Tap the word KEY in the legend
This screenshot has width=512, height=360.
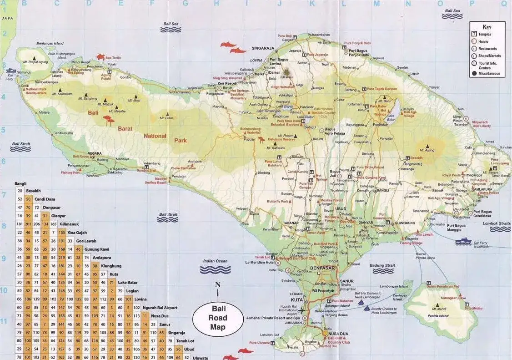[x=487, y=27]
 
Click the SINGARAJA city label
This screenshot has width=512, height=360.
[x=263, y=48]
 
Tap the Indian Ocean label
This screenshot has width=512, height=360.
[x=215, y=261]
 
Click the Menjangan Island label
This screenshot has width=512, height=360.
[x=50, y=44]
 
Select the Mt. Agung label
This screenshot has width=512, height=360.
[x=427, y=150]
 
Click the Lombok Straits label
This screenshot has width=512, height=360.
[x=497, y=223]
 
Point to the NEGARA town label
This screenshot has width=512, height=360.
[x=95, y=153]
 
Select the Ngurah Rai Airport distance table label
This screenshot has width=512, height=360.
[x=159, y=308]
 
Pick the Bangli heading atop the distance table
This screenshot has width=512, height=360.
[x=20, y=183]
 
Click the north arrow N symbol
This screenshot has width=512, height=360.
[x=217, y=285]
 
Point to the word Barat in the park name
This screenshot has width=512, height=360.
[x=125, y=129]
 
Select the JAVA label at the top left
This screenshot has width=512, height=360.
[x=7, y=18]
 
